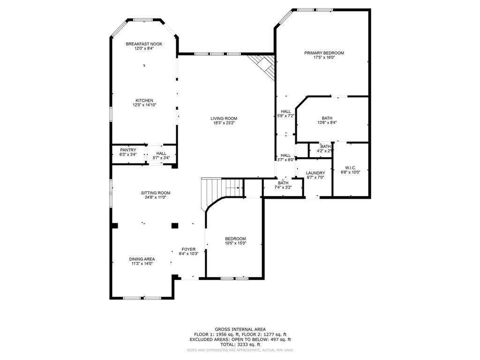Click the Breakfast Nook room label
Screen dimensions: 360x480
pos(144,44)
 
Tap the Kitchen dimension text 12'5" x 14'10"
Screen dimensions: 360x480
pos(144,105)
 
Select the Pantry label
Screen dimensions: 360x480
pos(128,150)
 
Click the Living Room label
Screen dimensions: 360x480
pos(224,119)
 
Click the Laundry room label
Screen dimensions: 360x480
pos(315,173)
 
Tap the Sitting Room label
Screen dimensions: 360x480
pos(156,193)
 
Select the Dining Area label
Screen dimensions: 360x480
pos(142,259)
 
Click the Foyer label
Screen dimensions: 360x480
pos(188,249)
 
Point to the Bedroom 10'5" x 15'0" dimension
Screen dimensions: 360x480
pos(235,243)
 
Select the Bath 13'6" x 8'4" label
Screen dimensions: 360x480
pos(327,118)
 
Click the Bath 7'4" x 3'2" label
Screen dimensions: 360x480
pos(283,183)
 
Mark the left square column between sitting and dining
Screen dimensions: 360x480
pos(115,225)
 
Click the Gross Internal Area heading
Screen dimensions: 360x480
pos(240,329)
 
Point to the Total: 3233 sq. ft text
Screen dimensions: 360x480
pos(240,344)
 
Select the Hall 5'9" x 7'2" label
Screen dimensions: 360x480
pos(285,112)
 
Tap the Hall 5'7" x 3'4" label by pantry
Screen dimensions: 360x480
pos(161,153)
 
